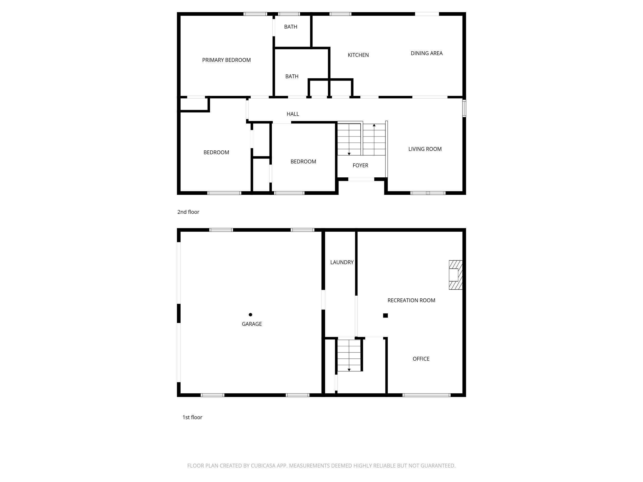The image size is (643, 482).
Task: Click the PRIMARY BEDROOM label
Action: [226, 60]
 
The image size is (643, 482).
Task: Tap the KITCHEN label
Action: [358, 55]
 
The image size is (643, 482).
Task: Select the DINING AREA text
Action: [426, 53]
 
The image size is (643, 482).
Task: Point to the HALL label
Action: [293, 114]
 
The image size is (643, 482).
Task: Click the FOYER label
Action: [360, 165]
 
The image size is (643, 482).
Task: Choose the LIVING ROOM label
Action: [425, 149]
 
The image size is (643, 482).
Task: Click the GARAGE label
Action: [252, 324]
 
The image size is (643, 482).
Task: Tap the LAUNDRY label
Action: [342, 262]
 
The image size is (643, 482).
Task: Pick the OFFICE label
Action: [421, 359]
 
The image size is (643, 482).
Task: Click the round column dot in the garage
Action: [250, 315]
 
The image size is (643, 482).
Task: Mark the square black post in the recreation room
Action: [386, 315]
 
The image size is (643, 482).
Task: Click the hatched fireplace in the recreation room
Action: [456, 275]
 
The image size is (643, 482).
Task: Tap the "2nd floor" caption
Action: [188, 212]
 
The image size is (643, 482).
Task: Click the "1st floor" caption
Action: [192, 417]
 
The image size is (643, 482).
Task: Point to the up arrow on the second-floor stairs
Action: [374, 125]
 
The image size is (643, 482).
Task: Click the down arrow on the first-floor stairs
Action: [349, 370]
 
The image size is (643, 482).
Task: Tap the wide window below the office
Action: [426, 395]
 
